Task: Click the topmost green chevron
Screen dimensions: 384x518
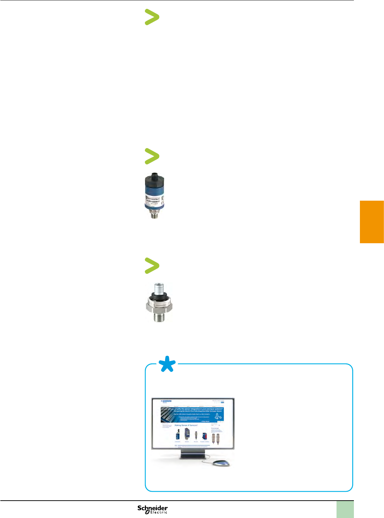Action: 152,17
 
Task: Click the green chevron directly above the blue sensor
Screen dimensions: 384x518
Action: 152,156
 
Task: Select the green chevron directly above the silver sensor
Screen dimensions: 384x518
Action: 152,266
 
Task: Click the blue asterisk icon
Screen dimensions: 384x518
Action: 167,364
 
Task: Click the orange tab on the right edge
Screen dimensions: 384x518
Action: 372,222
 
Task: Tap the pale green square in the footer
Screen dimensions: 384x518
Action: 345,509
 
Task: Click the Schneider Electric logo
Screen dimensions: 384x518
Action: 153,509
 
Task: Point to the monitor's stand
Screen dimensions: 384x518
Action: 193,455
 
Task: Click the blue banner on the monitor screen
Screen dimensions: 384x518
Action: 192,414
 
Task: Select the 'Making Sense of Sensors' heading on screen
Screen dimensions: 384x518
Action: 186,425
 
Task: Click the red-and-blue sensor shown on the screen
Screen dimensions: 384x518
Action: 204,436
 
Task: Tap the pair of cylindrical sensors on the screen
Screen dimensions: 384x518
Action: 215,439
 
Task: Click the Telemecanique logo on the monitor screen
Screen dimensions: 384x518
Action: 166,402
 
